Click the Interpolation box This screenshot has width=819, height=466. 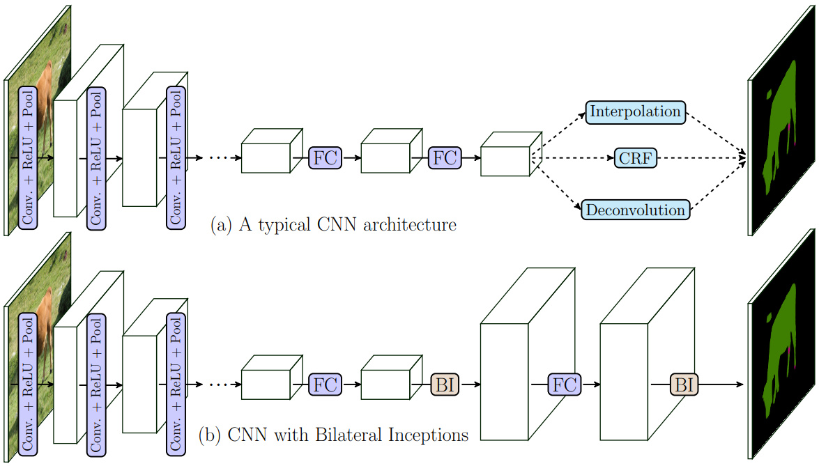coord(635,112)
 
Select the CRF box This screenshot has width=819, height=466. coord(635,159)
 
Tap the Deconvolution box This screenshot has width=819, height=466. coord(635,210)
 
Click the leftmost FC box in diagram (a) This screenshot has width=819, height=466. coord(326,158)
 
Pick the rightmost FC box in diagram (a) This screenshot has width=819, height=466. coord(445,158)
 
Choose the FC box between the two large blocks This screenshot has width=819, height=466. coord(565,384)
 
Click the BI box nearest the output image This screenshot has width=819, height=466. coord(684,384)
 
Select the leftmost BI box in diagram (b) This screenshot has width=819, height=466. coord(445,384)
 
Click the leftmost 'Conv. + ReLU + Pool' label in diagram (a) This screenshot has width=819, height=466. coord(27,157)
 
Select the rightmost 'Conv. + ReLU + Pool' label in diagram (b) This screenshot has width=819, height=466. coord(176,384)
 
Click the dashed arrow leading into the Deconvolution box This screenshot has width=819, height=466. coord(558,184)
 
